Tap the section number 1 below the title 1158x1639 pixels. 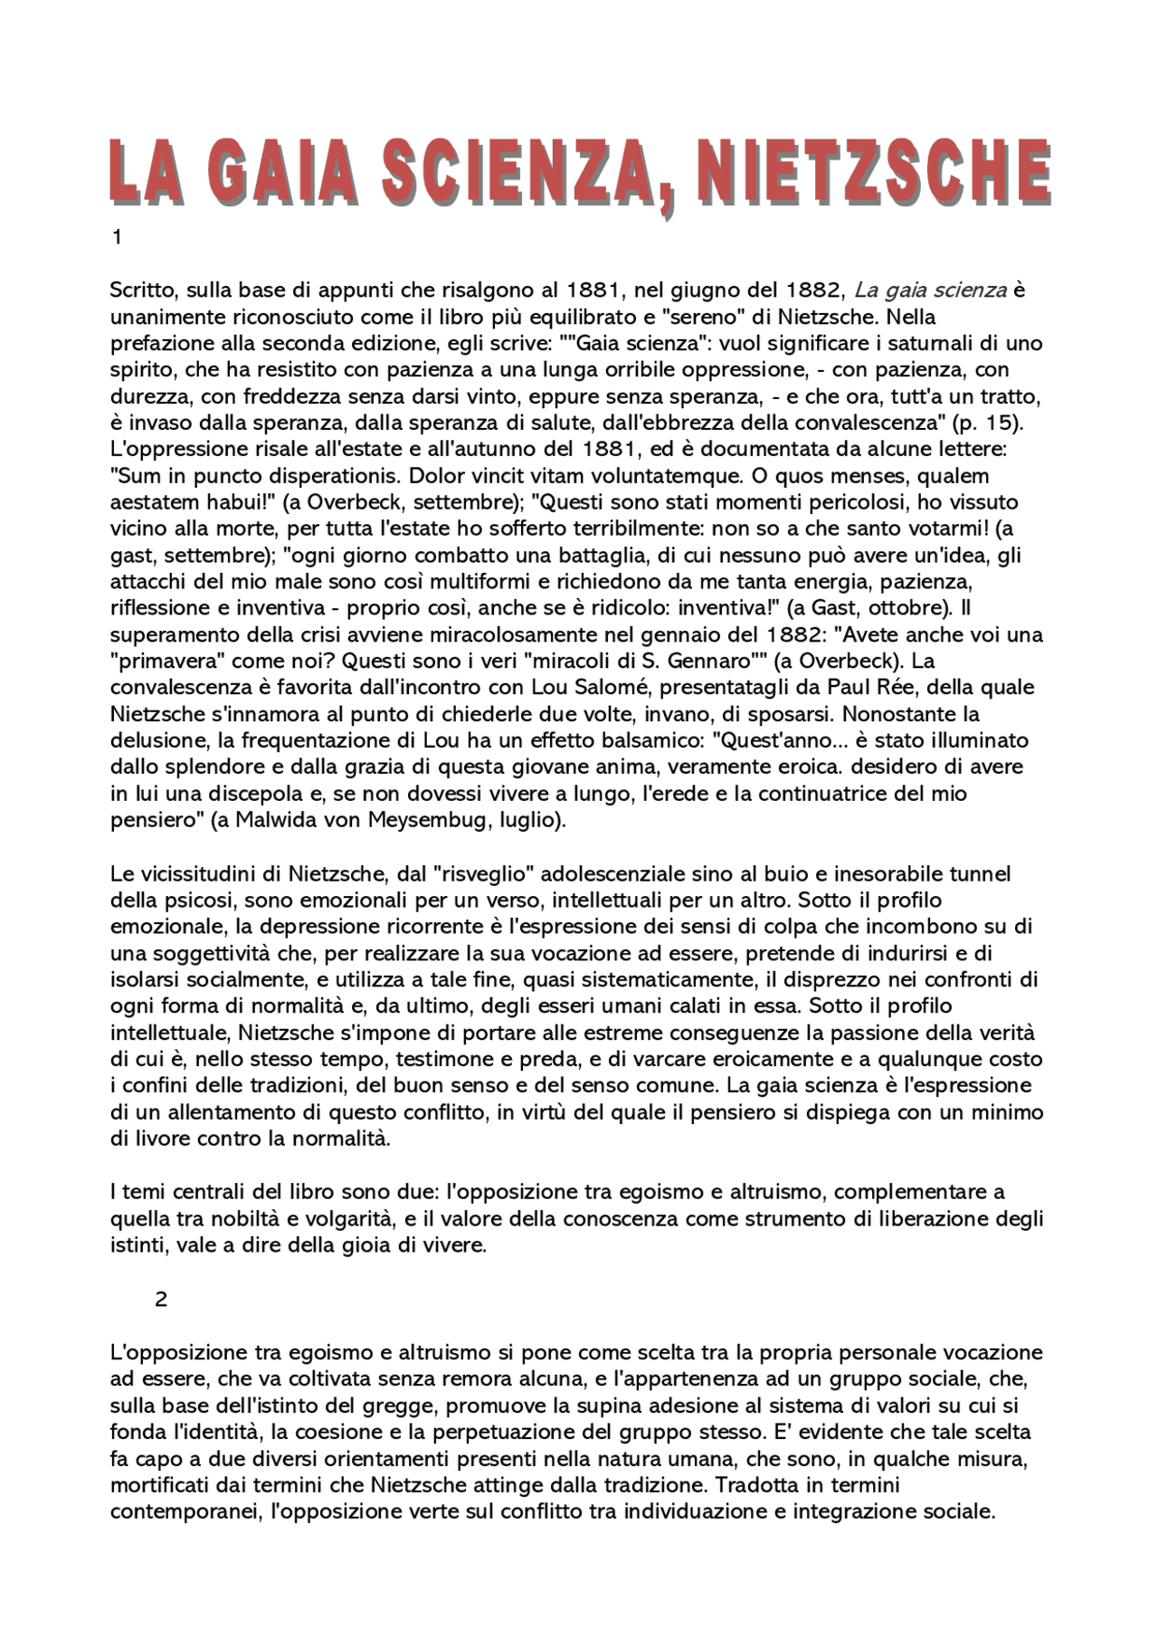click(116, 238)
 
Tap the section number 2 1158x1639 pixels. click(161, 1300)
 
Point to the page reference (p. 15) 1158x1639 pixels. click(1008, 423)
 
